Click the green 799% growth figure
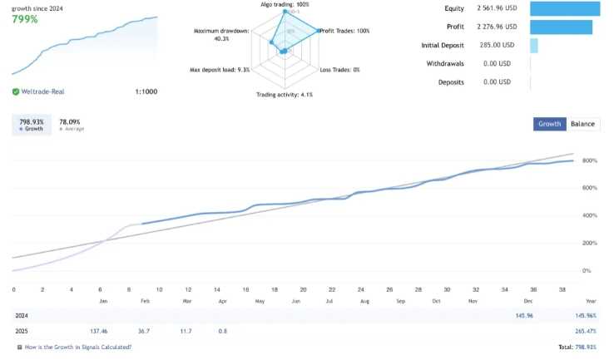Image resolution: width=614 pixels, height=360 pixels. point(24,19)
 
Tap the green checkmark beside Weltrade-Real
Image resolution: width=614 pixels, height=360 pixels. point(16,92)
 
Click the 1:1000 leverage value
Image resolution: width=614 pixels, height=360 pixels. point(147,92)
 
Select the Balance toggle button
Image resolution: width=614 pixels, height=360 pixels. point(582,124)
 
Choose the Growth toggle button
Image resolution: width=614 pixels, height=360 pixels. point(549,124)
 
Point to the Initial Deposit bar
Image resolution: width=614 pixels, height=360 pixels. point(534,45)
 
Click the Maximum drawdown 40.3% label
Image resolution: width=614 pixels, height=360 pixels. point(222,34)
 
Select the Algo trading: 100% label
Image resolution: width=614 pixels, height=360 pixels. point(285,5)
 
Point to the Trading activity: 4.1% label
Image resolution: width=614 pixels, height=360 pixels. point(284,95)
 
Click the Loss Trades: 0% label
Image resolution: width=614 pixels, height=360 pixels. point(339,70)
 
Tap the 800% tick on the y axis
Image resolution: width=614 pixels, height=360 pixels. point(590,160)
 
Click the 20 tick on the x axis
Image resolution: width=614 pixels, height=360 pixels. point(303,289)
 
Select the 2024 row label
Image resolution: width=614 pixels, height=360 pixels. point(22,316)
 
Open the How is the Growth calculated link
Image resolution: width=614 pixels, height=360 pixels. point(77,347)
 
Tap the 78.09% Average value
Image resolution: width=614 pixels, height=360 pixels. point(70,121)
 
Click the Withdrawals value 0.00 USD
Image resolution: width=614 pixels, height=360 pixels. point(497,63)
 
